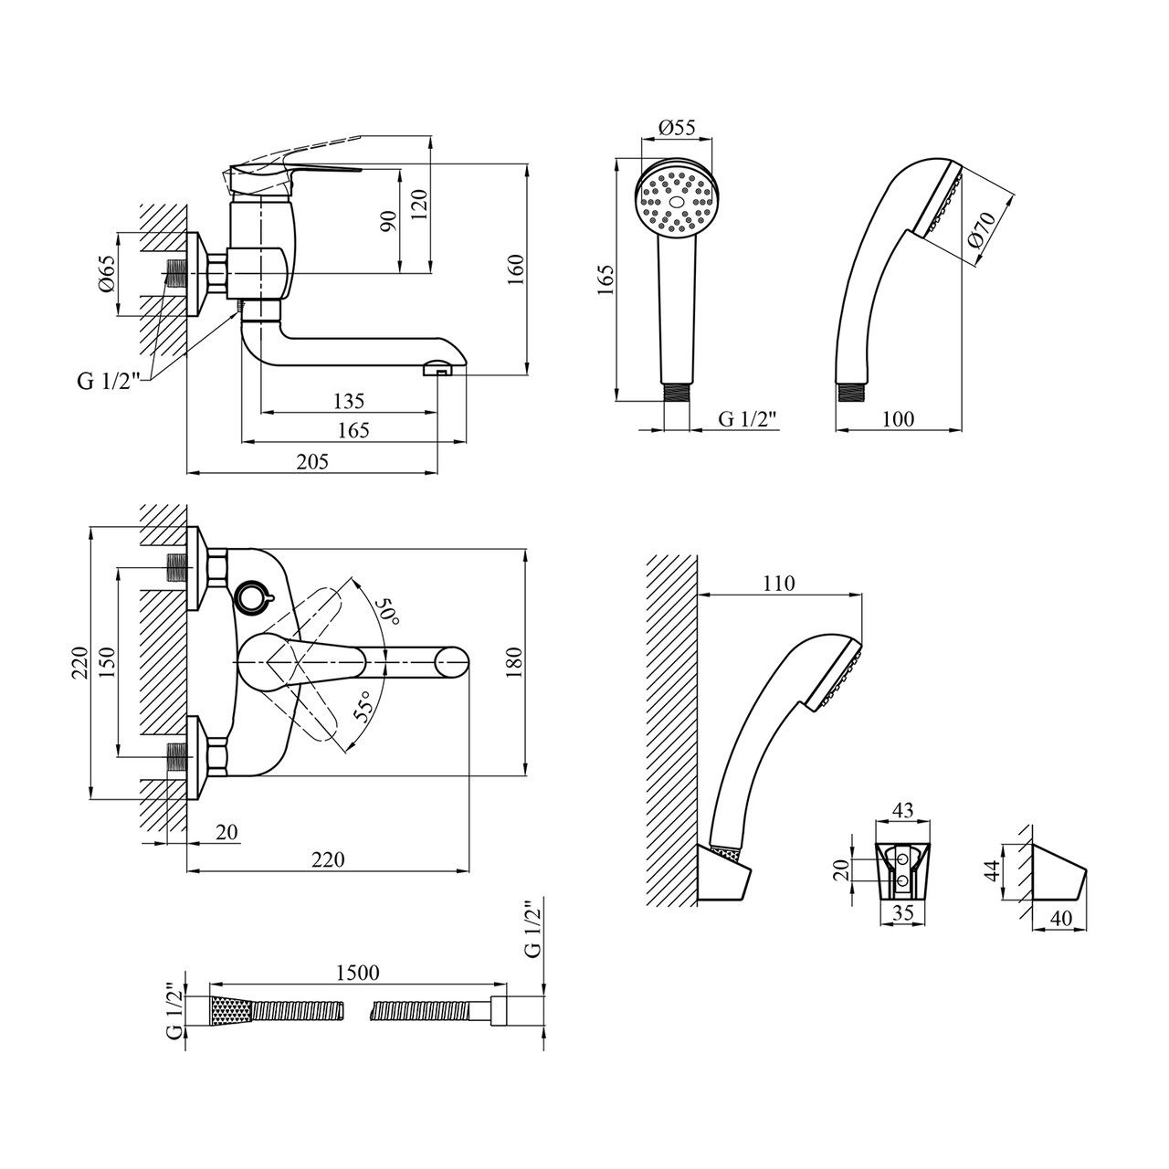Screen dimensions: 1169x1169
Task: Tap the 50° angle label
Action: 390,610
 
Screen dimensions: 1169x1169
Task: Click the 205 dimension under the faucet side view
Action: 312,462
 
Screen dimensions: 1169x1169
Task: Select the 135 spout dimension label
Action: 349,400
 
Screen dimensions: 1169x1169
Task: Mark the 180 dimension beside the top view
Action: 513,662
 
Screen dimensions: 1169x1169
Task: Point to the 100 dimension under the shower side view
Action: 899,419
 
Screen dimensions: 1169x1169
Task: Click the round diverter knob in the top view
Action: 251,597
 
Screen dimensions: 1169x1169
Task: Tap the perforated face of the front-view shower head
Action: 676,202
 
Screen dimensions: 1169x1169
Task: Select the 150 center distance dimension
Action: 107,661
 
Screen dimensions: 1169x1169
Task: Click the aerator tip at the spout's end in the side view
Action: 439,370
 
